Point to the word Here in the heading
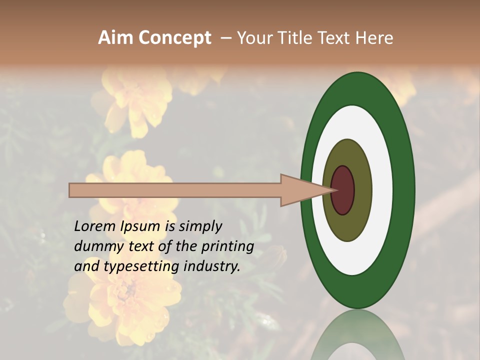coord(374,38)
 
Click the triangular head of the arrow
coord(300,190)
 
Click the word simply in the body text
coord(200,226)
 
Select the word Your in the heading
coord(255,38)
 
